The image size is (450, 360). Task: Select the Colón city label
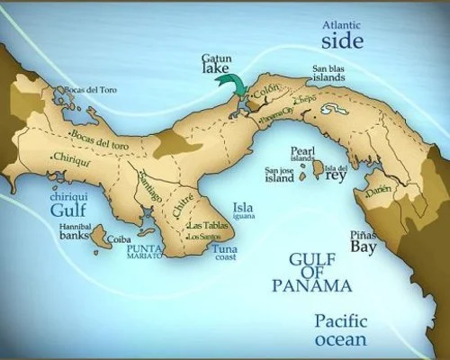click(x=267, y=93)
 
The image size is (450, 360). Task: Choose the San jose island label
click(x=279, y=174)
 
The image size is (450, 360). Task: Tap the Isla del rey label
click(x=335, y=172)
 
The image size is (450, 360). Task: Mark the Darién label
click(x=380, y=190)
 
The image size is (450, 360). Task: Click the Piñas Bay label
click(x=363, y=239)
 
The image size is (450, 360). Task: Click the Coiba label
click(x=120, y=240)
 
